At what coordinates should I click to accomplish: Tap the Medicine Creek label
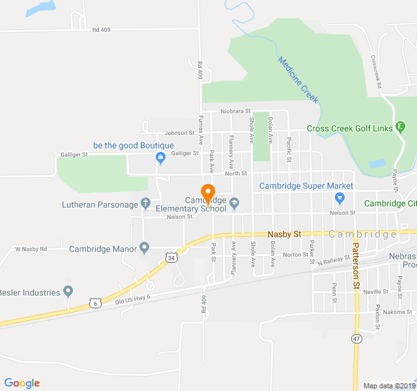click(298, 80)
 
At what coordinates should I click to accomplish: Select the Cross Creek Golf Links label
click(349, 128)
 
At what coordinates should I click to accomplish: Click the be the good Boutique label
click(133, 145)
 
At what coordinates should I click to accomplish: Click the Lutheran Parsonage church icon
click(145, 204)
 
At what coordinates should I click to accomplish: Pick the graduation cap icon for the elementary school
click(234, 204)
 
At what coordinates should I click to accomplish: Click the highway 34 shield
click(171, 257)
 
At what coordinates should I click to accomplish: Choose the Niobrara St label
click(235, 111)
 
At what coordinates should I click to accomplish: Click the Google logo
click(22, 383)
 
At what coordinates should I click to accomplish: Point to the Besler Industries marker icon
click(68, 291)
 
